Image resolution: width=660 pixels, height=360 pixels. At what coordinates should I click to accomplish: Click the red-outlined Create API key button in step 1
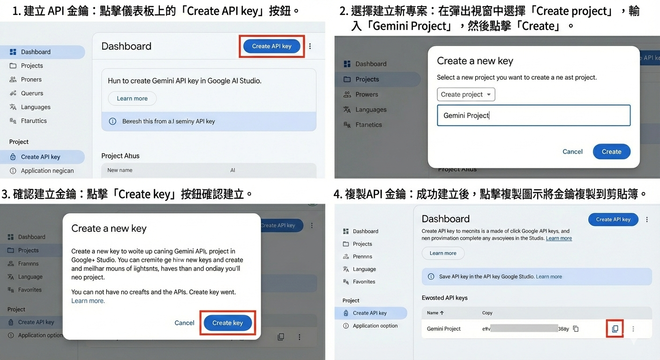tap(272, 46)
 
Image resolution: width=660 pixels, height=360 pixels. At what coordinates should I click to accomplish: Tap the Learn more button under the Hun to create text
tap(132, 98)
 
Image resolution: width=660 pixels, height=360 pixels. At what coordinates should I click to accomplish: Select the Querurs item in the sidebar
tap(32, 93)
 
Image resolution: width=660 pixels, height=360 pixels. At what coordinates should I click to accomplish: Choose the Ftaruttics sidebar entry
tap(34, 121)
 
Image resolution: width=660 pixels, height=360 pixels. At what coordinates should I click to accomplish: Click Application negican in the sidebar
tap(47, 171)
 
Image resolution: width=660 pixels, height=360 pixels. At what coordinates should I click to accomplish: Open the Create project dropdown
tap(466, 94)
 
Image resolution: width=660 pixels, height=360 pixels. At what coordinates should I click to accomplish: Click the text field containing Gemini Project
tap(533, 115)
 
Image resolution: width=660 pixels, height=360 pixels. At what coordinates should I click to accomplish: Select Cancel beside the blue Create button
tap(572, 151)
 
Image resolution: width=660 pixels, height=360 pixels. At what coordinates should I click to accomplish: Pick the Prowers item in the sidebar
tap(367, 94)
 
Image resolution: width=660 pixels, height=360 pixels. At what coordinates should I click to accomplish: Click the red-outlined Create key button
tap(228, 323)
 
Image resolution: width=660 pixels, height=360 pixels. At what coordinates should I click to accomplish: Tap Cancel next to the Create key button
tap(184, 323)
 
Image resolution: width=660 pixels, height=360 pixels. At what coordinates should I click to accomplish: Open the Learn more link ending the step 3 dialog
tap(88, 301)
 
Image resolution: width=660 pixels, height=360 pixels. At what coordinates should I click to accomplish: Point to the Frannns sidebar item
tap(28, 263)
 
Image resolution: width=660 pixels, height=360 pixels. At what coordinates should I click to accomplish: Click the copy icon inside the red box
tap(615, 329)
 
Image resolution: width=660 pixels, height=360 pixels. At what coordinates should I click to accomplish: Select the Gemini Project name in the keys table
tap(443, 329)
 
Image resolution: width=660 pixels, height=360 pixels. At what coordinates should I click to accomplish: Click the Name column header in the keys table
tap(435, 313)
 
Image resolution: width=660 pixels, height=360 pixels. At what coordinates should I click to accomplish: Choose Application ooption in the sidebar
tap(375, 326)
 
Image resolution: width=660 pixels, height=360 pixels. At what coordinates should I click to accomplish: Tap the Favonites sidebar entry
tap(364, 282)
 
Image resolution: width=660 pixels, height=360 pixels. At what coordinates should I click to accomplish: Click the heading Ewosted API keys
tap(444, 298)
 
